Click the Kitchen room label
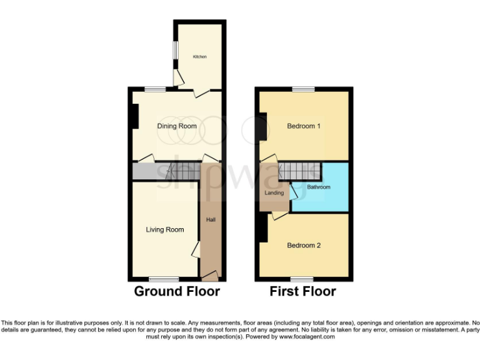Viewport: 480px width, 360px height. (199, 57)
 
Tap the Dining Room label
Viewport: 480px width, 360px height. (177, 126)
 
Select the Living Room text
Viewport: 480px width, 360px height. (165, 230)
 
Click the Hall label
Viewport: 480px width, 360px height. (211, 220)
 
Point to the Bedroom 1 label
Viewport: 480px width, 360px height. (304, 126)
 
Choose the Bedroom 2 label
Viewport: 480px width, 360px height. (304, 246)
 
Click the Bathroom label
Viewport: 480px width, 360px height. (318, 187)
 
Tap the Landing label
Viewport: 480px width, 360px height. (274, 193)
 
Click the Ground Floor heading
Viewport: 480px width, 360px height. (177, 292)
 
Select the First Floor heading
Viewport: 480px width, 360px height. (302, 292)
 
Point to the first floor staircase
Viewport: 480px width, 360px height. (299, 169)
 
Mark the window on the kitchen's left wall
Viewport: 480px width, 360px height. (175, 48)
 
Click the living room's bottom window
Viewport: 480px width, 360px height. (164, 279)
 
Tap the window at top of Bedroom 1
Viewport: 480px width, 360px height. (304, 89)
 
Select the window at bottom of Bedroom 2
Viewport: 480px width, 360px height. (302, 279)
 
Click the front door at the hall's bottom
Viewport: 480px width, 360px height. (211, 276)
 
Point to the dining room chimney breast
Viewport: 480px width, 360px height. (134, 116)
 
